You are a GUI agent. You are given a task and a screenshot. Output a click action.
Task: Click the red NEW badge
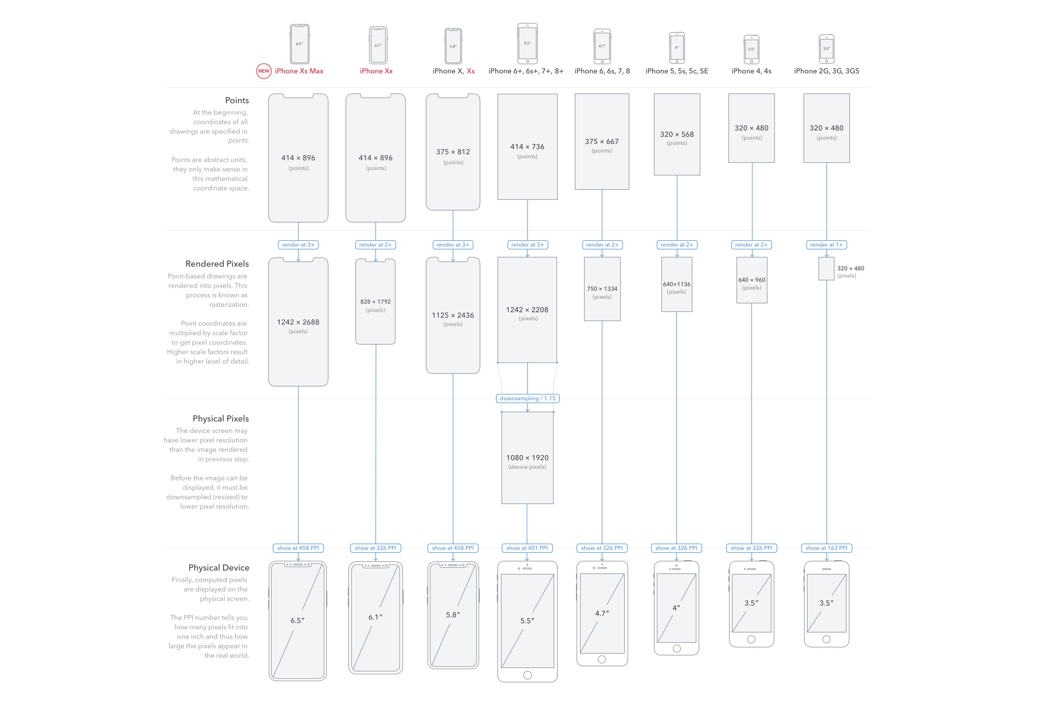(x=264, y=71)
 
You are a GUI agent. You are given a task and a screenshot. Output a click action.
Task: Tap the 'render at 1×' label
(x=826, y=245)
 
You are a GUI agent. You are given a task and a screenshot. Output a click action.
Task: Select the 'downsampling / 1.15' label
(x=528, y=398)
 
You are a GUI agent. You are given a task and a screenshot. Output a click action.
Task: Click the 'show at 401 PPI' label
(x=527, y=548)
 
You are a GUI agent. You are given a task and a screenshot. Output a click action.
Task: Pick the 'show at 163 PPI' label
(x=826, y=548)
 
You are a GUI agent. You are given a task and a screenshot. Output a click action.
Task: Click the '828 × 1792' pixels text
(x=375, y=302)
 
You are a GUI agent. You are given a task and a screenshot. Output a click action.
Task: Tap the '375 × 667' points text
(x=602, y=141)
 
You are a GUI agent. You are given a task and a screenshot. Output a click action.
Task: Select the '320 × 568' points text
(x=677, y=134)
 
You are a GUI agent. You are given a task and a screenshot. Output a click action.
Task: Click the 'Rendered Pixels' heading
(x=217, y=264)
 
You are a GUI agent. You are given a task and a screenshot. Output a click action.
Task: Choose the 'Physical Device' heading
(x=219, y=568)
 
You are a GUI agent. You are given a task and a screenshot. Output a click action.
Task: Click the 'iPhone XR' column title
(x=376, y=71)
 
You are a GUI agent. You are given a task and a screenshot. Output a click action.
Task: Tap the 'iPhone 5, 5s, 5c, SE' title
(x=677, y=71)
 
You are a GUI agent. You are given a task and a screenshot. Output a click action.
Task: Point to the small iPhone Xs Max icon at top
(x=299, y=44)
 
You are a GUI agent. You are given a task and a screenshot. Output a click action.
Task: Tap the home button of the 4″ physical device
(x=677, y=648)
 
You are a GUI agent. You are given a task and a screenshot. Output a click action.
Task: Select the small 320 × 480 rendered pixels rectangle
(x=826, y=269)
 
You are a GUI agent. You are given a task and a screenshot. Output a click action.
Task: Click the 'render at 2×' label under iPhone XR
(x=375, y=245)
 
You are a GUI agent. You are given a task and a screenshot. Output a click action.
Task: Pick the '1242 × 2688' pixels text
(x=298, y=322)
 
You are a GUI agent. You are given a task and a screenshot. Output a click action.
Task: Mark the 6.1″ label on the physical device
(x=375, y=617)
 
